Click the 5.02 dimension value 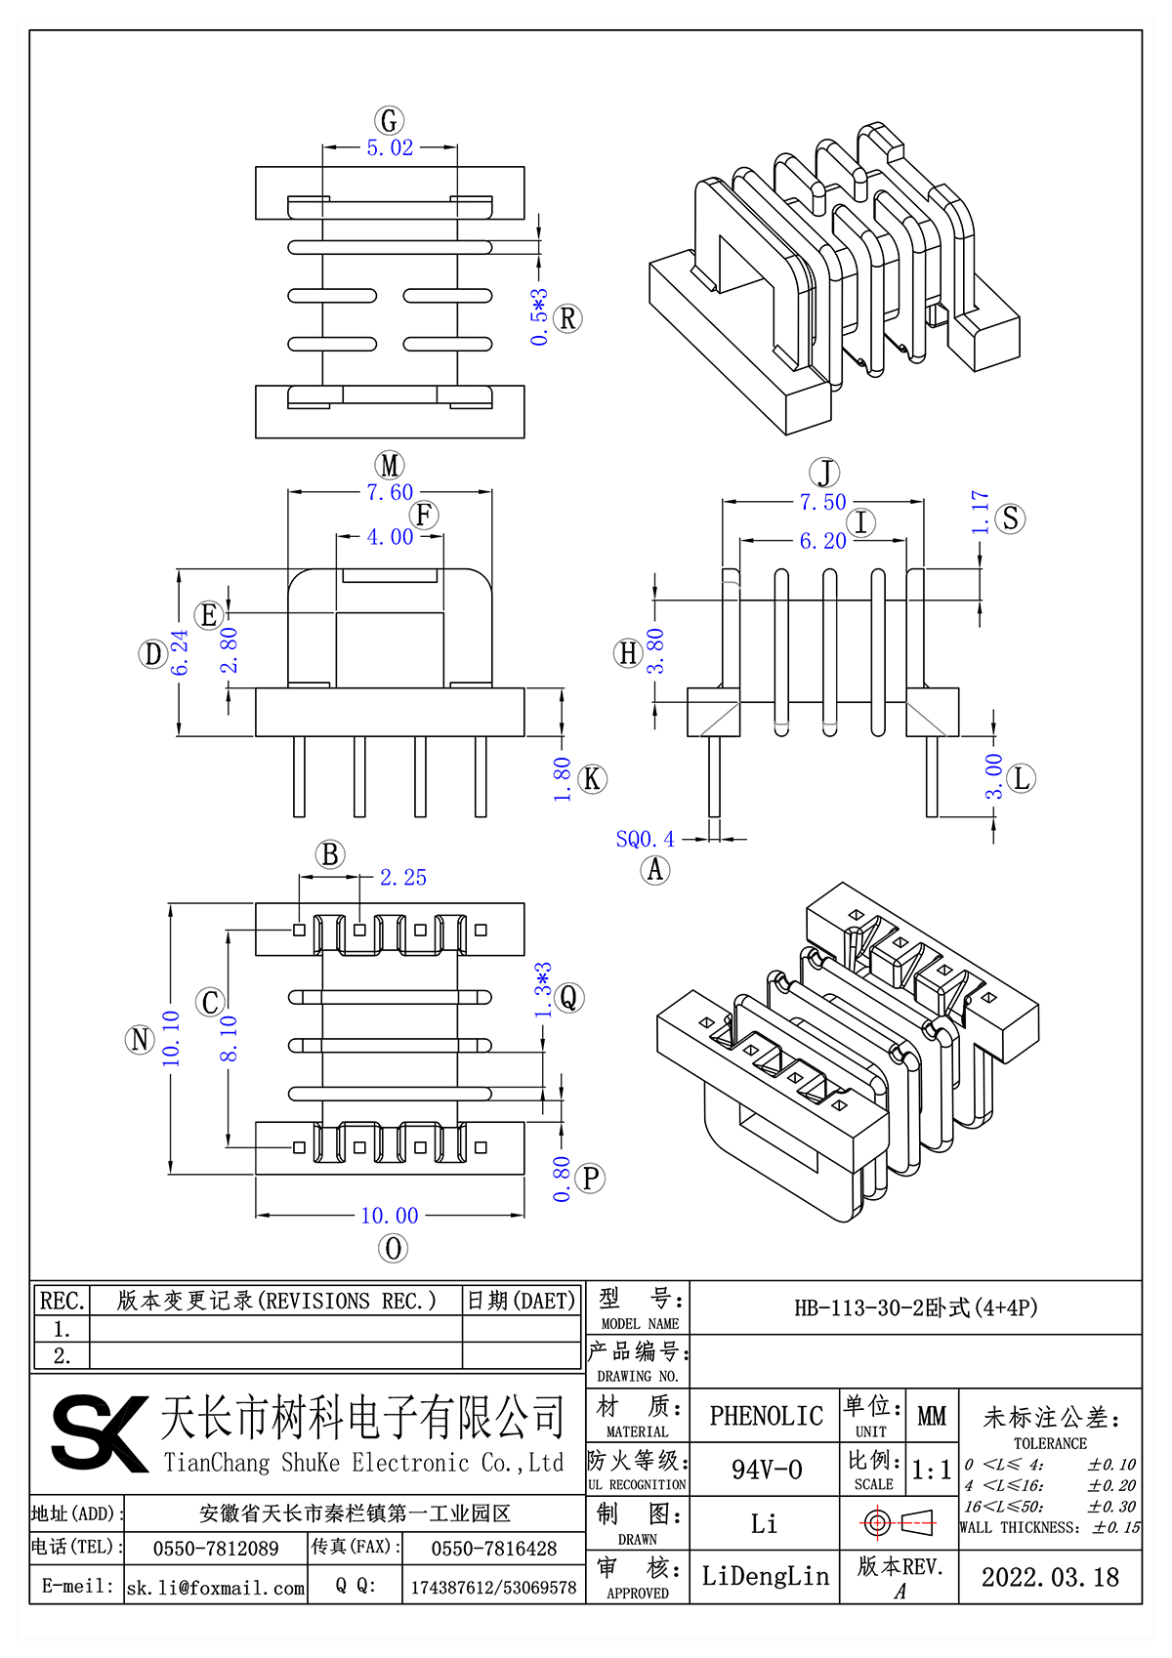coord(390,148)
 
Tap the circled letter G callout coord(390,121)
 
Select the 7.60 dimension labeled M coord(390,493)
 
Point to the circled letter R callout coord(567,318)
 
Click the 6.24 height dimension coord(181,652)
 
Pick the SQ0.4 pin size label coord(645,839)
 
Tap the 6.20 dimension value coord(822,541)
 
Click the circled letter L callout coord(1022,778)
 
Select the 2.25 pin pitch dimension coord(403,878)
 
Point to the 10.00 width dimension coord(390,1216)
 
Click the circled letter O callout coord(393,1248)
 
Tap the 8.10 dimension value coord(229,1038)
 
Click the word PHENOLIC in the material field coord(766,1416)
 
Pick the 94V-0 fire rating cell coord(766,1470)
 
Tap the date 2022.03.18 coord(1050,1577)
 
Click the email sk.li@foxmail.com coord(216,1588)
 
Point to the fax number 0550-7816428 coord(493,1549)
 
